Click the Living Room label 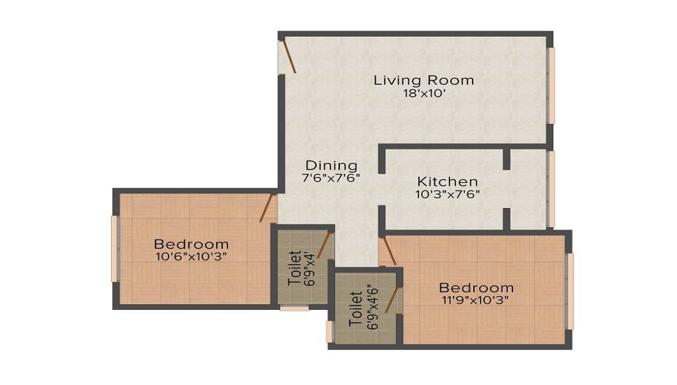click(424, 81)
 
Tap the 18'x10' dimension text click(424, 94)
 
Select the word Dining click(331, 166)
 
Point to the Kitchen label click(447, 181)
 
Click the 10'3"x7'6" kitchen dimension click(447, 195)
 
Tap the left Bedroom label click(192, 244)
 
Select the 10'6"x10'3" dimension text click(192, 257)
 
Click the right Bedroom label click(476, 288)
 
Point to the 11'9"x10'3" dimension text click(476, 300)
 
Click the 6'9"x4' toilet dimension click(309, 268)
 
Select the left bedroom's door click(268, 208)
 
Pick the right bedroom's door click(388, 251)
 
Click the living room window click(551, 85)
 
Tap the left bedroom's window click(115, 249)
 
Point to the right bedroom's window click(570, 291)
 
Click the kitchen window click(551, 189)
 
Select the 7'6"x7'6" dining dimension click(331, 178)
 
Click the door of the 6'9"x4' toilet click(326, 245)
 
